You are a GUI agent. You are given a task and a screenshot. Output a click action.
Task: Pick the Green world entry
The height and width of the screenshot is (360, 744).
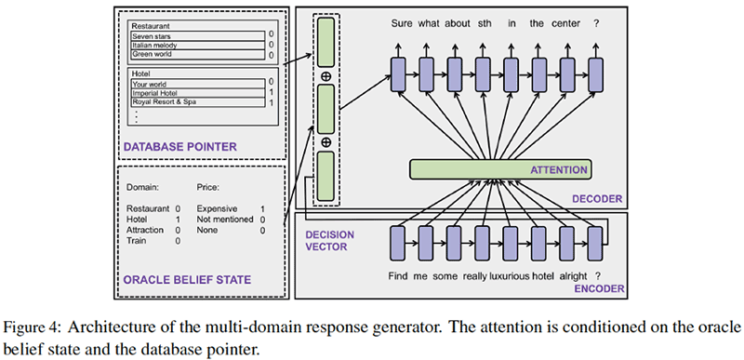[x=154, y=54]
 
